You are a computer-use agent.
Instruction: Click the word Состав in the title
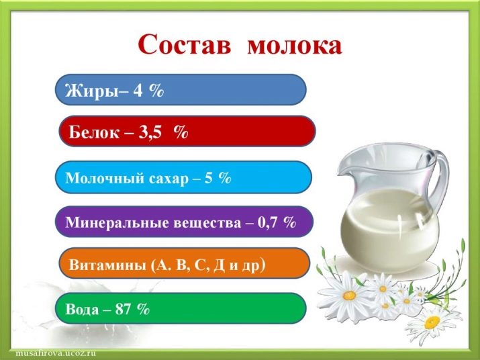(185, 44)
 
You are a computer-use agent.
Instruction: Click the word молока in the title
(295, 46)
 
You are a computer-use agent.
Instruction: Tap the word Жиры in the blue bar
(91, 91)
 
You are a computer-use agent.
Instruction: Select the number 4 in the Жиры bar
(138, 90)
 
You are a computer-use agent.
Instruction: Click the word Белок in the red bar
(94, 132)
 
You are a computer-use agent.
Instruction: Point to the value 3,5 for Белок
(150, 133)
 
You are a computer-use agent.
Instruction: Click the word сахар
(169, 179)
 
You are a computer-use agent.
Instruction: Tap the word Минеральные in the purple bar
(117, 223)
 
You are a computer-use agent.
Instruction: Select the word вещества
(207, 223)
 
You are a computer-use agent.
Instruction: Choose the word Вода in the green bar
(83, 309)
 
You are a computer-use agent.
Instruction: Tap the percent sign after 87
(143, 309)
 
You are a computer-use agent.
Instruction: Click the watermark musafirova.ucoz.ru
(56, 353)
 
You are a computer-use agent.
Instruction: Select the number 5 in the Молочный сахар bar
(209, 178)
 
